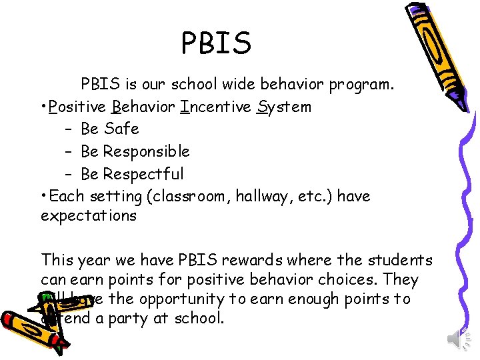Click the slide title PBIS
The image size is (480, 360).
click(217, 43)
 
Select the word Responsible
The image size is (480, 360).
click(147, 151)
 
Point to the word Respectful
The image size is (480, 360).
click(143, 174)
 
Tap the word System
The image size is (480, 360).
click(284, 107)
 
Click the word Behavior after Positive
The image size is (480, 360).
click(144, 107)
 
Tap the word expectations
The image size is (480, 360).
click(89, 216)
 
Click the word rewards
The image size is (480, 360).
click(244, 260)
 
